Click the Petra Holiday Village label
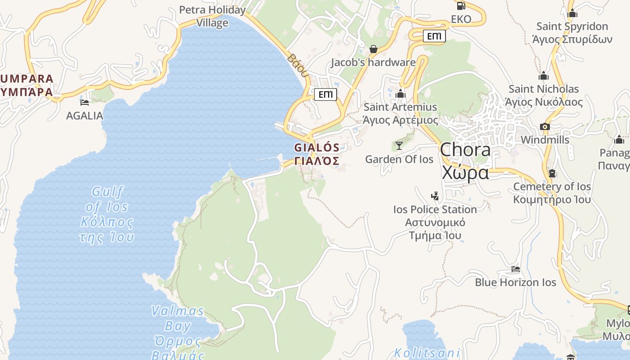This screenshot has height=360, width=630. (x=212, y=16)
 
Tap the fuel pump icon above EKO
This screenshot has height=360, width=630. (x=461, y=6)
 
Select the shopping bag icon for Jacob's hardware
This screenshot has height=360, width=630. (x=373, y=49)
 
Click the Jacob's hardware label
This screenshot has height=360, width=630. (x=373, y=63)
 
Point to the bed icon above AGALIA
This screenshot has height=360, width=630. (x=84, y=102)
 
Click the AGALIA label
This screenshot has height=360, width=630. (x=85, y=116)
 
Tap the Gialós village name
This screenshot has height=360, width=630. (x=317, y=153)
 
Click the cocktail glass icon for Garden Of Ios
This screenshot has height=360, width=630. (x=399, y=145)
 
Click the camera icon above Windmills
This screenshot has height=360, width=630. (x=545, y=126)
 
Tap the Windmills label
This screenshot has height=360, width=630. (x=545, y=139)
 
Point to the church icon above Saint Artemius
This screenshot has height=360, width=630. (x=400, y=94)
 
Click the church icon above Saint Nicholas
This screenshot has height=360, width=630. (x=544, y=76)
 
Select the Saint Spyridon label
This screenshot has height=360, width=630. (x=572, y=33)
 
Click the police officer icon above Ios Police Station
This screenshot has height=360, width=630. (x=435, y=196)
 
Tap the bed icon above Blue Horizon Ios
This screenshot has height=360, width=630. (x=516, y=269)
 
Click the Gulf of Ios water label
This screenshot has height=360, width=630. (x=107, y=214)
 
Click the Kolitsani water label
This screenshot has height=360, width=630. (x=427, y=353)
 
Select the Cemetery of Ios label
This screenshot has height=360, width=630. (x=552, y=193)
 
